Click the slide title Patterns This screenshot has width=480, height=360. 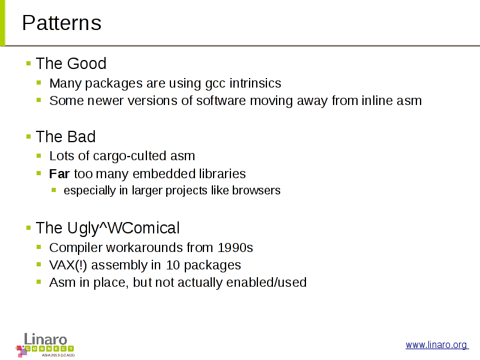click(62, 23)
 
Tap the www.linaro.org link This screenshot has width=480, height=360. click(437, 344)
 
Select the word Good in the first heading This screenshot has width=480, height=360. click(86, 64)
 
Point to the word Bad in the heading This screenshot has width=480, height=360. click(81, 137)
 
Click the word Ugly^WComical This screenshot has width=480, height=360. click(124, 228)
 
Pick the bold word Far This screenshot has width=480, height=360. click(59, 174)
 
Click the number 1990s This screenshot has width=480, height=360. click(235, 248)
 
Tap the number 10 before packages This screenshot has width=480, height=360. click(173, 265)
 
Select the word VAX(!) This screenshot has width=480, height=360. click(68, 265)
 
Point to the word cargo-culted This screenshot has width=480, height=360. click(130, 156)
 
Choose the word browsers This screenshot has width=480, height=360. click(256, 190)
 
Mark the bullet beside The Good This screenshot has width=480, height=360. click(28, 64)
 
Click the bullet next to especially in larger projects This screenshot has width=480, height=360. click(54, 190)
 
